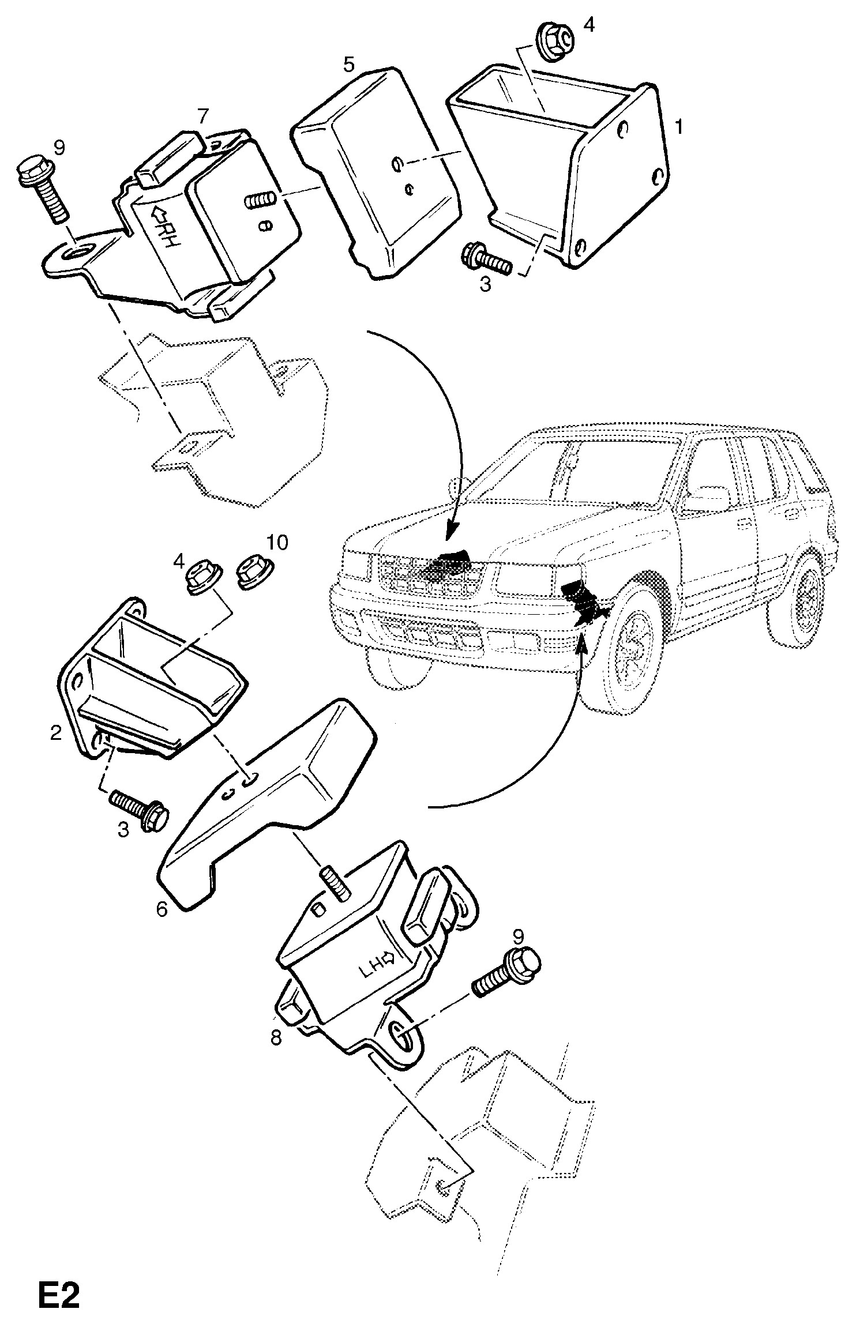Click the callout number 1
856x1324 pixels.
tap(679, 126)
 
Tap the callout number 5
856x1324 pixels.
tap(349, 64)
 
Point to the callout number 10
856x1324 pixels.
tap(277, 543)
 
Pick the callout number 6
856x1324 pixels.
tap(162, 909)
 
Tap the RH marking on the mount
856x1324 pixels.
tap(166, 231)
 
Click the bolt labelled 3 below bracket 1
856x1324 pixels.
tap(487, 262)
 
